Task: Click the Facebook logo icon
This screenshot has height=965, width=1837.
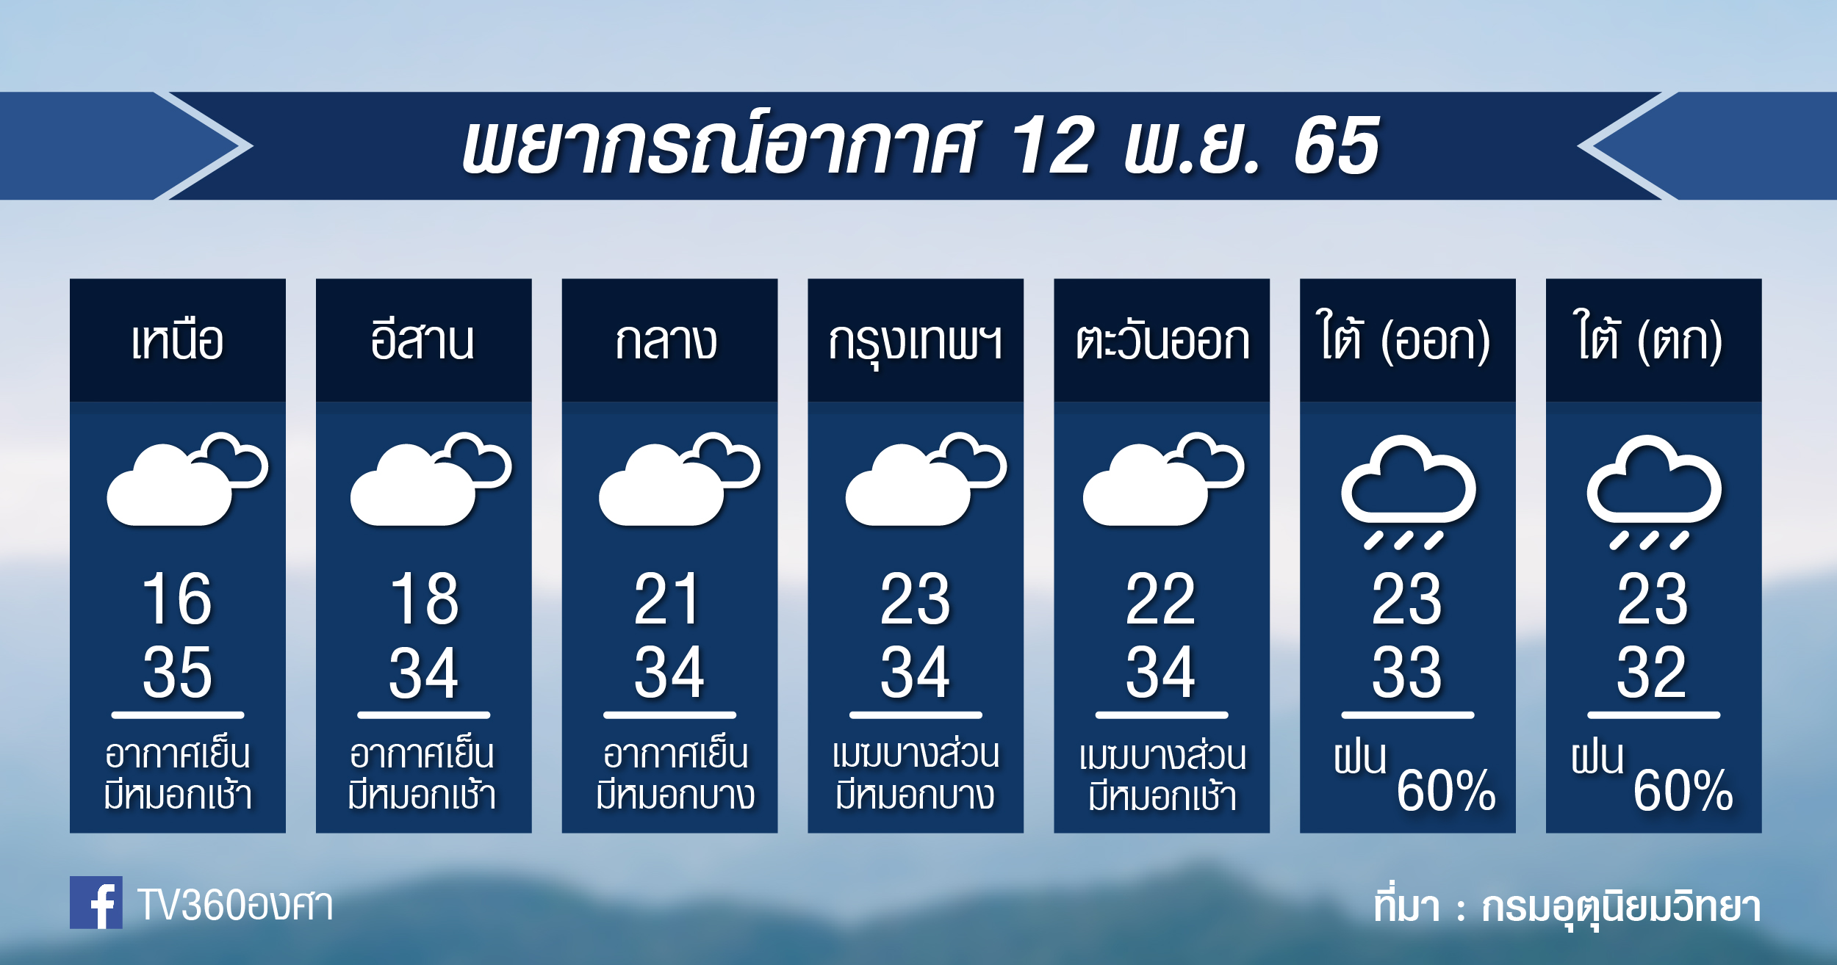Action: point(96,902)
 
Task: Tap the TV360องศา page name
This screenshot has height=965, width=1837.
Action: point(235,905)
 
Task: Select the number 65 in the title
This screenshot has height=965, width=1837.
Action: point(1336,146)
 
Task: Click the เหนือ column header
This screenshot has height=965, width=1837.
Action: point(178,341)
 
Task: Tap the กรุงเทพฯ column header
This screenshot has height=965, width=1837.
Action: point(916,344)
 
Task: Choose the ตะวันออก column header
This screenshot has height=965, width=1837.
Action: point(1162,341)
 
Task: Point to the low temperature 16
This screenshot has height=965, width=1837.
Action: point(177,599)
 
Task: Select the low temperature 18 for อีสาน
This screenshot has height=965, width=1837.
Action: point(424,599)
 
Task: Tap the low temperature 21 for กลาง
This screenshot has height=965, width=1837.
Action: point(666,599)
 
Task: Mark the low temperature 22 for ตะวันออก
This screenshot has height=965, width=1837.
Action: point(1161,599)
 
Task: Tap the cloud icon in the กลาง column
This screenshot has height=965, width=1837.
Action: point(679,479)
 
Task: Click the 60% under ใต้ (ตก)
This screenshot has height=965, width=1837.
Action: point(1683,790)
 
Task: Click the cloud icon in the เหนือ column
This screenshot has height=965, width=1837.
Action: point(187,479)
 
